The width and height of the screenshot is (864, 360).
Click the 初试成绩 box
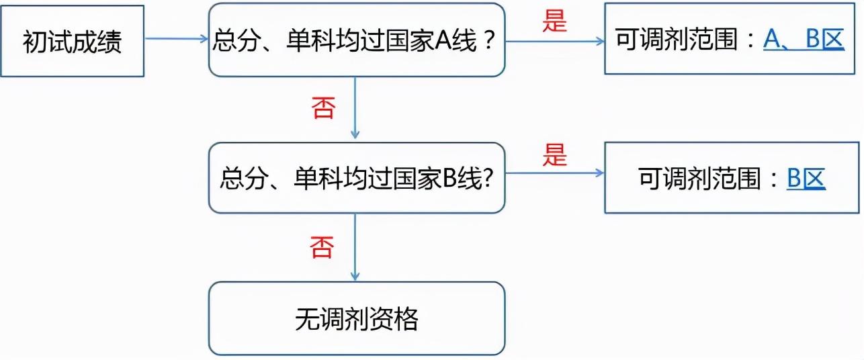[x=73, y=42]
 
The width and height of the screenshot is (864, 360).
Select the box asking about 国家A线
[x=356, y=40]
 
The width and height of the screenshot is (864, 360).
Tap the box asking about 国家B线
[x=356, y=178]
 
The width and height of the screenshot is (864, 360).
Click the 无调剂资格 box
[x=356, y=318]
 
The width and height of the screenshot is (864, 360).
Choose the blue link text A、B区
[x=804, y=41]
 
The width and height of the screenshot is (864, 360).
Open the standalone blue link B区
[x=806, y=179]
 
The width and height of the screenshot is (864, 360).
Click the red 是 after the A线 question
[x=554, y=21]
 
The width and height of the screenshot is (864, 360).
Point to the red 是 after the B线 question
[x=554, y=156]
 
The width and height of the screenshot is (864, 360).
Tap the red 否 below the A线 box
[x=322, y=108]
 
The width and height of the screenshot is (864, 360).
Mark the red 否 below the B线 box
[x=321, y=248]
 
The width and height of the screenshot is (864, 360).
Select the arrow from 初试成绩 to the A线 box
[x=176, y=38]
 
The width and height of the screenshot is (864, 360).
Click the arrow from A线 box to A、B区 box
[x=554, y=41]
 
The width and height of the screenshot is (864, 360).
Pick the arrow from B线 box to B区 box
[x=554, y=173]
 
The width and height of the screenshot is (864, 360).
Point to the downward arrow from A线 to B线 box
[x=355, y=107]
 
